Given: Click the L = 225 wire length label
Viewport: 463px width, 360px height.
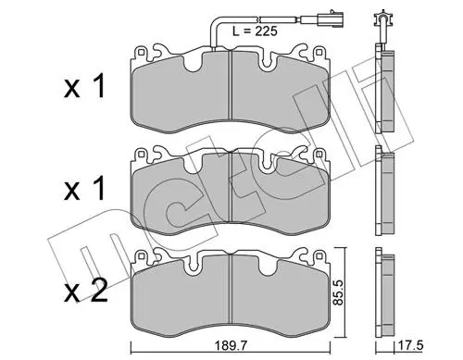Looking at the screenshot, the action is pos(255,31).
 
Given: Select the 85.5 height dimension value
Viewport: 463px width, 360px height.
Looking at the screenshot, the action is pos(339,292).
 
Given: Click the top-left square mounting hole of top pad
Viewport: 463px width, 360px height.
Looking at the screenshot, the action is pos(141,52).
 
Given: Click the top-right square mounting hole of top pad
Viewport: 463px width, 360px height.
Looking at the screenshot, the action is pos(319,52).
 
